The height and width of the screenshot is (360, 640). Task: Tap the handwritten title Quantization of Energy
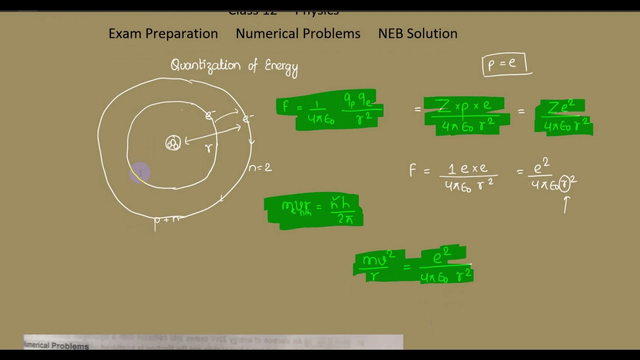point(234,66)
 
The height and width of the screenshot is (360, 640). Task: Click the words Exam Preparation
point(163,33)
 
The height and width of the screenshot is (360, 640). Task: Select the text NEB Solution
point(417,33)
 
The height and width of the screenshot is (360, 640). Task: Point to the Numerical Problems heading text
point(298,33)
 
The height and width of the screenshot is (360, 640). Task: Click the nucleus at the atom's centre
point(173,143)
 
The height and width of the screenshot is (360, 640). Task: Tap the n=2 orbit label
point(260,168)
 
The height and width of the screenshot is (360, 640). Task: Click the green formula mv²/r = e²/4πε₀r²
point(413,265)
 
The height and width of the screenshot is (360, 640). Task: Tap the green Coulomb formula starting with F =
point(329,110)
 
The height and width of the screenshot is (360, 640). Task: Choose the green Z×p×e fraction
point(466,116)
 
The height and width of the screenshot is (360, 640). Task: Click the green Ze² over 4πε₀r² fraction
point(563,117)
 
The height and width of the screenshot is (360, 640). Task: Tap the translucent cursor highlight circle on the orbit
point(140,173)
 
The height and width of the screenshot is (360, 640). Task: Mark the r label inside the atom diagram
point(208,148)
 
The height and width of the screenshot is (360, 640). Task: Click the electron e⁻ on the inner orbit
point(210,116)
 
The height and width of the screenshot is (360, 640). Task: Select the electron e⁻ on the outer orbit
point(247,118)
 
